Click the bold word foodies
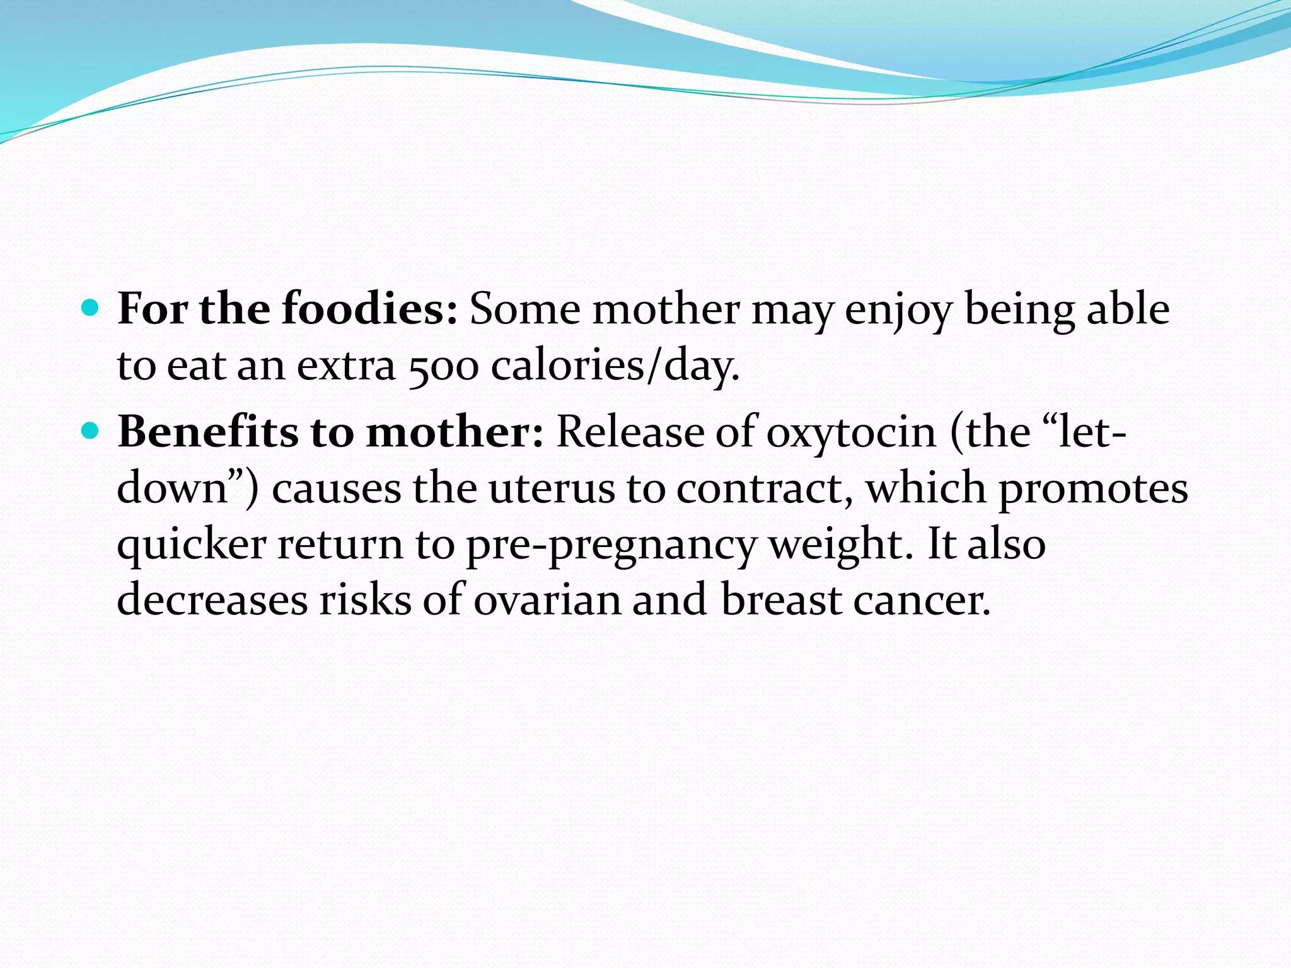369,309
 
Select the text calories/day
615,366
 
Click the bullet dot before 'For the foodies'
91,308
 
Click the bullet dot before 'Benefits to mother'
91,431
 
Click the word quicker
192,545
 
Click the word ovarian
547,600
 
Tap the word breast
781,600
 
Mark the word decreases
212,600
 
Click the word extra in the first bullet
346,366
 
